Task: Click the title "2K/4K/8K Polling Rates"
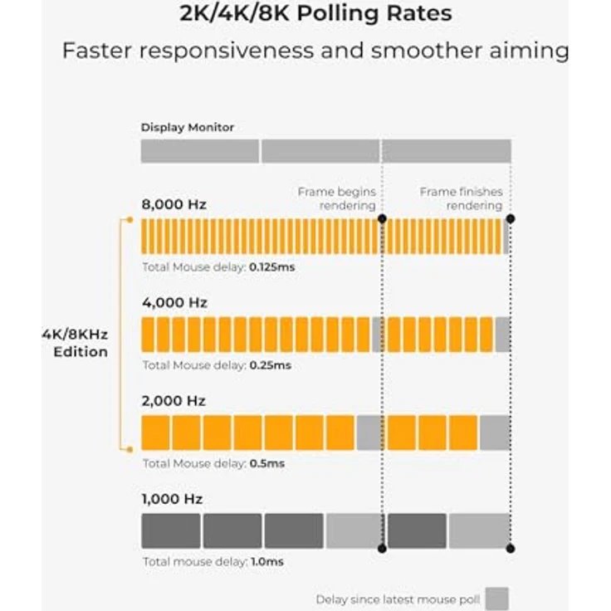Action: point(315,13)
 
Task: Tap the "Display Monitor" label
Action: point(188,127)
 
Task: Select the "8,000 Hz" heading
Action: point(174,204)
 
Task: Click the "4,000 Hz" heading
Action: point(174,302)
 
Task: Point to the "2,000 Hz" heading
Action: point(174,401)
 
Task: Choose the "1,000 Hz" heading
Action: point(172,499)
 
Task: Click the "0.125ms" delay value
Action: point(272,267)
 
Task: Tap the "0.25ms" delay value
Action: point(271,365)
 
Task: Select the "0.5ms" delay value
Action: point(267,463)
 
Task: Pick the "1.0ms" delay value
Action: point(267,561)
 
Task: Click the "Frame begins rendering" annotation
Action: point(337,198)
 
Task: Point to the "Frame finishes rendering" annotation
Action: point(461,198)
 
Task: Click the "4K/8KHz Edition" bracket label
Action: point(76,343)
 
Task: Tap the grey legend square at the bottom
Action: point(496,599)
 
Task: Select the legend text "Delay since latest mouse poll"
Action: point(398,599)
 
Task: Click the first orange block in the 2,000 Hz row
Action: point(155,433)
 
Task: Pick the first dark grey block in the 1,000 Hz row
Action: point(171,530)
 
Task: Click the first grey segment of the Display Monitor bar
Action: point(199,151)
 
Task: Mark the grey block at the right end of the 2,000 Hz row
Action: point(496,433)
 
